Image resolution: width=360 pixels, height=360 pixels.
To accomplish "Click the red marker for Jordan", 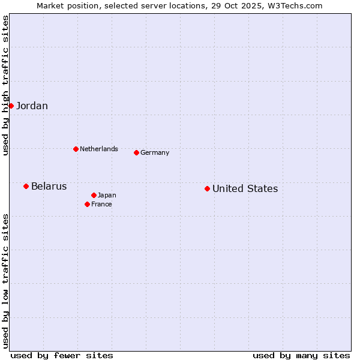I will (x=11, y=106).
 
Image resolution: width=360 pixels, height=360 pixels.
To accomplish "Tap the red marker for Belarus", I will (x=26, y=186).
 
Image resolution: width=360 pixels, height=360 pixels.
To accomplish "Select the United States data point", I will (x=207, y=188).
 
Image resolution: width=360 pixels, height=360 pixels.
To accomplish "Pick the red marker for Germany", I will (x=136, y=152).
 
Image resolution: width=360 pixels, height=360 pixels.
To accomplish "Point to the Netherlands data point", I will (x=76, y=149).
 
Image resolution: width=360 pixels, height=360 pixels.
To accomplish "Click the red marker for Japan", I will (x=94, y=195).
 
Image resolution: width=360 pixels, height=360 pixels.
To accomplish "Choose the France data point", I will (x=87, y=204).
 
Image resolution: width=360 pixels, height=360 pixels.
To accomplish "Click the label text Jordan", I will (x=32, y=106).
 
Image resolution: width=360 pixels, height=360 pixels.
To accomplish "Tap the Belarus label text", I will (x=49, y=187).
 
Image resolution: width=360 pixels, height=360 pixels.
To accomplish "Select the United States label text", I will (x=245, y=189).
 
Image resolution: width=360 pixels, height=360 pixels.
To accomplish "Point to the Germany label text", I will (x=155, y=153).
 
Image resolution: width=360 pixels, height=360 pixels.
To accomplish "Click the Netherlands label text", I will (x=99, y=149).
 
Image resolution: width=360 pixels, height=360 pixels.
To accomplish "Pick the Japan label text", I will (x=107, y=196).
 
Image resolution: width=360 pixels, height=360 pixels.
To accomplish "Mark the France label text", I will (x=101, y=205).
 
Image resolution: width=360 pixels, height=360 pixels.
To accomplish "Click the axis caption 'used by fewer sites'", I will (x=62, y=355).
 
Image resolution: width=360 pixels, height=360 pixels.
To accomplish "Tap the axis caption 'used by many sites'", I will (x=301, y=355).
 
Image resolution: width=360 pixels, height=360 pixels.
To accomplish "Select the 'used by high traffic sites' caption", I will (x=5, y=85).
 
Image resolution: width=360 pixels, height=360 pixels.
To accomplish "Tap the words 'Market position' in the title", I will (x=64, y=6).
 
